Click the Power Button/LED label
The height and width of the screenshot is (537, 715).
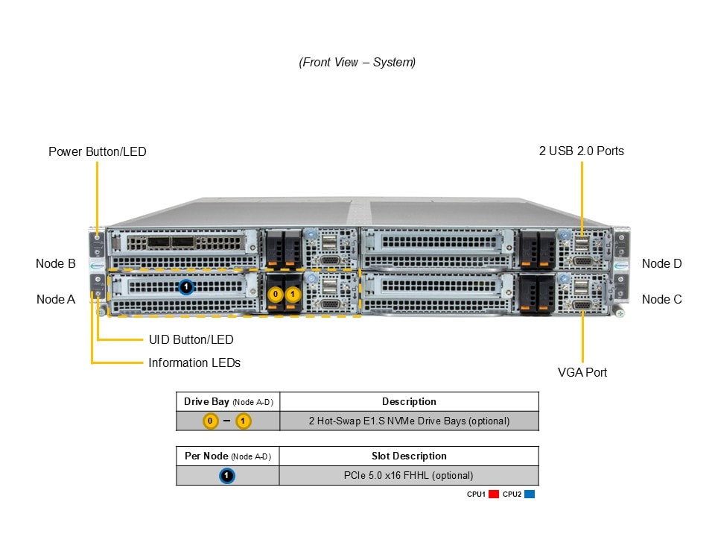(x=98, y=151)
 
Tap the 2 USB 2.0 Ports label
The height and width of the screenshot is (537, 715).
(x=582, y=151)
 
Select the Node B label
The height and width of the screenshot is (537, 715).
(x=56, y=263)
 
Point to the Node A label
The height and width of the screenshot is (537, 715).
(x=56, y=299)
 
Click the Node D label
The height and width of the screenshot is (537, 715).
(x=661, y=263)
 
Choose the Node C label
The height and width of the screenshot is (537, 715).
(x=661, y=299)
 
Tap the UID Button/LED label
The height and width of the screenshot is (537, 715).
(x=191, y=339)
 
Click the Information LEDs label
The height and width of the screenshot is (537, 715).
(x=194, y=362)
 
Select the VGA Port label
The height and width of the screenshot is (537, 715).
(x=582, y=372)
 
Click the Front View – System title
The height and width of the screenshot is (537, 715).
(x=357, y=63)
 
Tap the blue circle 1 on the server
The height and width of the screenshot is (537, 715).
(x=187, y=286)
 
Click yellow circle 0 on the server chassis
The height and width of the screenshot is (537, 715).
(x=276, y=295)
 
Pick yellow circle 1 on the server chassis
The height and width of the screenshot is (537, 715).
(x=293, y=295)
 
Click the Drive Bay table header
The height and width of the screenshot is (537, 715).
(x=228, y=402)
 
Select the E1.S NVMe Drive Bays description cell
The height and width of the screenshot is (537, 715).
(x=409, y=421)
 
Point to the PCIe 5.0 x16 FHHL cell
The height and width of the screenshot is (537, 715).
(x=409, y=475)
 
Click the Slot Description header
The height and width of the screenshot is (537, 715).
(x=409, y=456)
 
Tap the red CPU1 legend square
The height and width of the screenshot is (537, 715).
(x=494, y=494)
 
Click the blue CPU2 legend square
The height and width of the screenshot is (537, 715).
(x=530, y=494)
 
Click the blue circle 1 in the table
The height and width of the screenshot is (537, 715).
(x=228, y=475)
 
